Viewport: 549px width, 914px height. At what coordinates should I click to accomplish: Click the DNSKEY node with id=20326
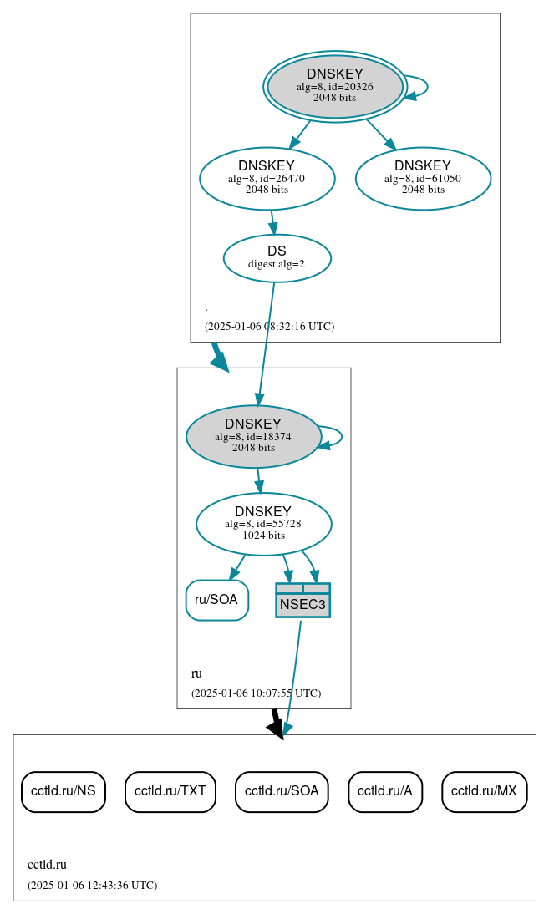(334, 86)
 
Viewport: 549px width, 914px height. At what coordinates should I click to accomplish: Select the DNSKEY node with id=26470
(267, 178)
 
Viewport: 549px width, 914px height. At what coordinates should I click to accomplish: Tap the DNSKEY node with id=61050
(423, 178)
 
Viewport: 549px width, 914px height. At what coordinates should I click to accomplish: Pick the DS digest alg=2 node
(277, 257)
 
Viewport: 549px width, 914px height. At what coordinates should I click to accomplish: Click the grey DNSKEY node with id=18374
(253, 436)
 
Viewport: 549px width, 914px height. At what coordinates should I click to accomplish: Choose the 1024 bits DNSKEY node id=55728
(263, 524)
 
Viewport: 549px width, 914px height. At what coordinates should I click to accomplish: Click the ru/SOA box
(216, 600)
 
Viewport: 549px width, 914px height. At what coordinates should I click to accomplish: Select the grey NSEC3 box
(302, 601)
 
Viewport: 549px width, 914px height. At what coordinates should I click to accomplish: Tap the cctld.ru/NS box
(63, 790)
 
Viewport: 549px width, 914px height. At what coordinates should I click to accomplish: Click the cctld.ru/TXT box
(170, 790)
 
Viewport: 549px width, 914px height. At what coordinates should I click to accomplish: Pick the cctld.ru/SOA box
(282, 790)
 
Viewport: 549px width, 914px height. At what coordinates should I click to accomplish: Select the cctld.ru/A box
(385, 790)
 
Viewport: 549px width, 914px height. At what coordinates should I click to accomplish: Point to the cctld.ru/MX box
(484, 790)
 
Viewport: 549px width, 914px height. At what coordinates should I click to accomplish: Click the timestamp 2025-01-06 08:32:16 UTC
(269, 326)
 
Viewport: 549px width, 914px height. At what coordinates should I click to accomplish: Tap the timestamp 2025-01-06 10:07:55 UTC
(256, 693)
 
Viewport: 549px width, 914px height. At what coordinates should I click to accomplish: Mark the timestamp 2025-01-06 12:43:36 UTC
(92, 885)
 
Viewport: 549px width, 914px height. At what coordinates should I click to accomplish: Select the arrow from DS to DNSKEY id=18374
(267, 343)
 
